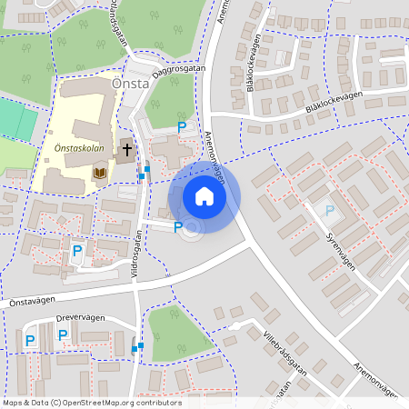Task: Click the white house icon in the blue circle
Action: [x=204, y=195]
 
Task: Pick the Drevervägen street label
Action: [x=81, y=318]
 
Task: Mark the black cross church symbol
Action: [x=127, y=147]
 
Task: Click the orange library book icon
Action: [x=100, y=172]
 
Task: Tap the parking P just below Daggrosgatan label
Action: [x=182, y=127]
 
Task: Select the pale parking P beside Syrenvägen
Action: [x=329, y=211]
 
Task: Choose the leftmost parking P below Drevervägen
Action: [x=30, y=341]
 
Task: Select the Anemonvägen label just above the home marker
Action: [x=214, y=151]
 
